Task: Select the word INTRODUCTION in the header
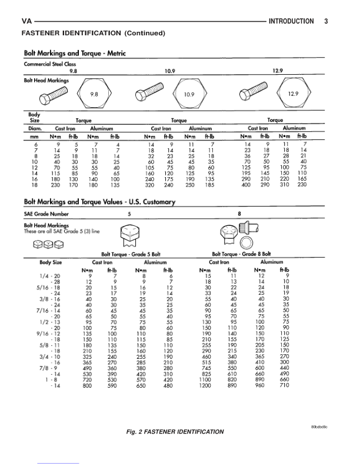point(290,22)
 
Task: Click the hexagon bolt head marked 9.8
point(94,94)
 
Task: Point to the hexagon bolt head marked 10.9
point(189,94)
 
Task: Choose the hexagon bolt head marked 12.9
point(292,94)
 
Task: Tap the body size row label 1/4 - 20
point(50,275)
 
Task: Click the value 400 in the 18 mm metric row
point(248,185)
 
